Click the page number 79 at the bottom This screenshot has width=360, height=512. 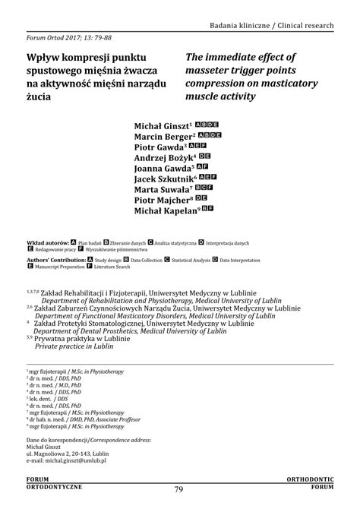coord(179,489)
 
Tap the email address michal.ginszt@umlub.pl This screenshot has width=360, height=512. coord(66,460)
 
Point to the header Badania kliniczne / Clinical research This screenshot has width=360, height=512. coord(272,26)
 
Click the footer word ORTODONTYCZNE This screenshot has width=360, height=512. coord(54,485)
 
